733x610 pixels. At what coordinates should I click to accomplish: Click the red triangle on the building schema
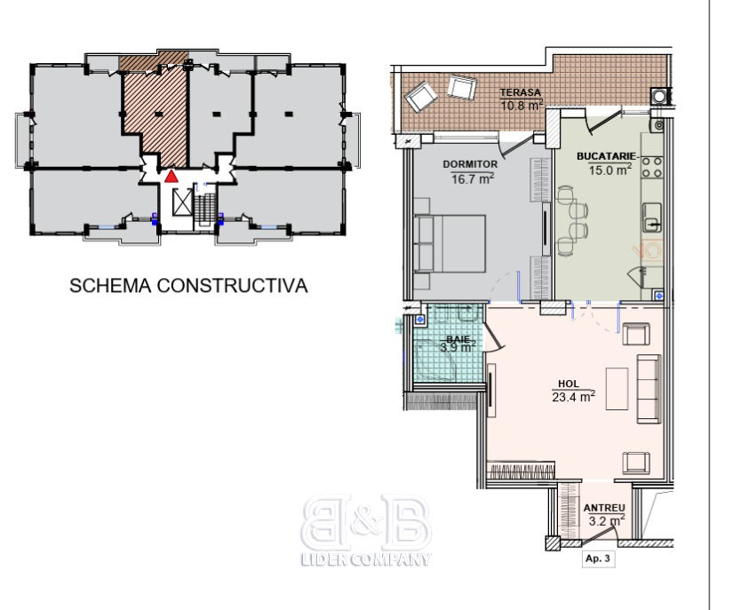pos(171,176)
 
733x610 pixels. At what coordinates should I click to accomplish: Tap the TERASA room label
pos(521,92)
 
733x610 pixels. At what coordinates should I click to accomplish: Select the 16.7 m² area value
pos(473,178)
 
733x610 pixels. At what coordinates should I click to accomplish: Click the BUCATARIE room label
pos(606,156)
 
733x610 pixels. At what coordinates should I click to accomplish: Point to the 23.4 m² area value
pos(574,397)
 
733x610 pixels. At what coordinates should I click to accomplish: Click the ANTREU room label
pos(604,508)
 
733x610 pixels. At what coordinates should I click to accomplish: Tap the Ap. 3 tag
pos(598,559)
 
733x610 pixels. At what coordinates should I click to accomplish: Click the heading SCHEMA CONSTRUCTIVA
pos(188,286)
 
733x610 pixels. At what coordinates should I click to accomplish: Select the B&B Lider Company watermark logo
pos(366,530)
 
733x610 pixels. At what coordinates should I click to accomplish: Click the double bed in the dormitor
pos(450,243)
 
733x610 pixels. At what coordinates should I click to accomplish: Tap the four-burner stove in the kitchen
pos(653,167)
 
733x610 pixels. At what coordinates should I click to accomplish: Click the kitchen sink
pos(651,218)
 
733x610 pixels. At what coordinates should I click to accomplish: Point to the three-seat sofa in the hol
pos(649,389)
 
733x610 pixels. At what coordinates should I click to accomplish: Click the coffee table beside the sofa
pos(617,389)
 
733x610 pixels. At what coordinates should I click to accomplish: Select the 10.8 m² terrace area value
pos(522,105)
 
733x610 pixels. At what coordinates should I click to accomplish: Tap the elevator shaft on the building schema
pos(182,202)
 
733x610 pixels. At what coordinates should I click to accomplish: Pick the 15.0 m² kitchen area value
pos(610,169)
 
